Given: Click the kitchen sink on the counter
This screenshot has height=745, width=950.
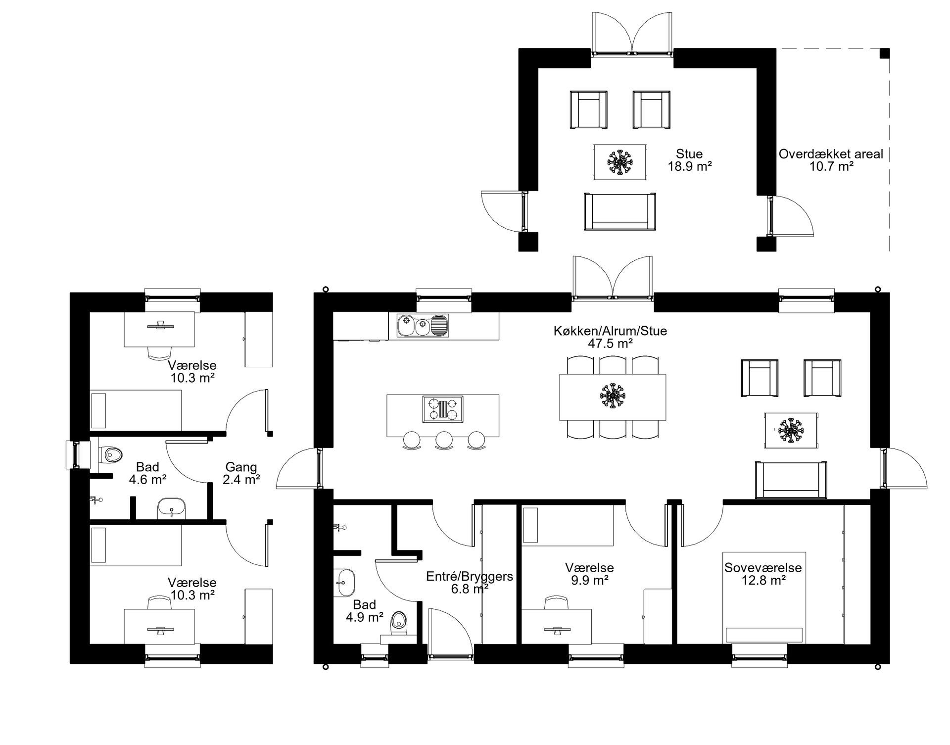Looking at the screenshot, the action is pos(423,325).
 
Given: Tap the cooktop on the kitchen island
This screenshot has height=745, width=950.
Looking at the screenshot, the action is pos(443,409).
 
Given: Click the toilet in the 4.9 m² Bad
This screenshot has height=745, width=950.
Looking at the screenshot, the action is pos(398,625).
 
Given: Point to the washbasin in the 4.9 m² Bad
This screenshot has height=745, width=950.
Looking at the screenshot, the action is pos(345,583).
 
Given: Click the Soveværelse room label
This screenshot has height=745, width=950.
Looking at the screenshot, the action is pos(763,567).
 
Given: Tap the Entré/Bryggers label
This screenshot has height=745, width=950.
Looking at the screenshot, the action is pos(470,576).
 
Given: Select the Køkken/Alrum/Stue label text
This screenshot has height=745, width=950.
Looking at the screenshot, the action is pos(610,331).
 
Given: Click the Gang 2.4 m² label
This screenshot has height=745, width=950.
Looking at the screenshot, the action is pos(241,473).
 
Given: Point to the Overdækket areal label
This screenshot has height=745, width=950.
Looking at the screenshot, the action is pos(831,154).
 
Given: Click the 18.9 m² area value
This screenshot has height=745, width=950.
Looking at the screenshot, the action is pos(690,166).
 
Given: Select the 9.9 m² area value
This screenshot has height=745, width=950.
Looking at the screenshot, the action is pos(590,580).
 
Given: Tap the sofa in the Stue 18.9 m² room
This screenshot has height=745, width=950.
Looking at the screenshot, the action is pos(620,211).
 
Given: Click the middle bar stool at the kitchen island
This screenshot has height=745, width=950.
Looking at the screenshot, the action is pos(443,440).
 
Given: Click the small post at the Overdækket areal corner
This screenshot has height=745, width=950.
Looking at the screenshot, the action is pos(884,53).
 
